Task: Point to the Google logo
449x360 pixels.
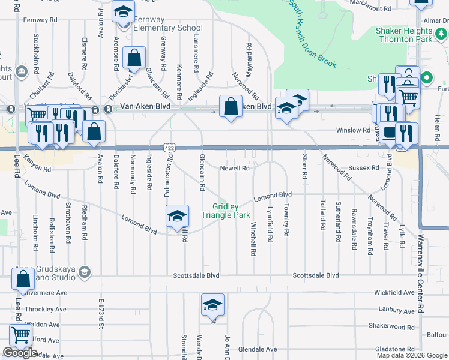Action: pyautogui.click(x=20, y=353)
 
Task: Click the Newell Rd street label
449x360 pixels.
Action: pyautogui.click(x=235, y=169)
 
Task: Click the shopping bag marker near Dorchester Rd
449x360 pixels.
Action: pyautogui.click(x=134, y=59)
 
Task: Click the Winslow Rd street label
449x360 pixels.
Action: pyautogui.click(x=353, y=130)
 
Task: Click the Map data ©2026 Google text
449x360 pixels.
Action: pyautogui.click(x=411, y=355)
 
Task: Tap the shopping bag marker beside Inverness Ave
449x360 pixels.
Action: pyautogui.click(x=23, y=280)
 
